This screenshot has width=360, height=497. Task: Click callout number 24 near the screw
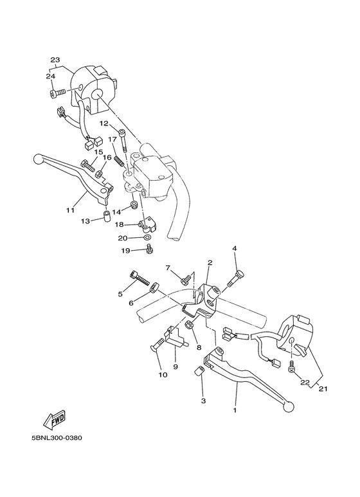(x=51, y=77)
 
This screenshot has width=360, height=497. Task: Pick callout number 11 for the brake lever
(x=70, y=210)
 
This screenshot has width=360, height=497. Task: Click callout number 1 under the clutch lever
(x=235, y=410)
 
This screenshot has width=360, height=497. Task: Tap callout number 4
(x=235, y=248)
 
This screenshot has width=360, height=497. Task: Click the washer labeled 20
(x=148, y=237)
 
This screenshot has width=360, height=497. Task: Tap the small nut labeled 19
(x=149, y=248)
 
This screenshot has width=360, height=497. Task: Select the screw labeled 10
(x=157, y=347)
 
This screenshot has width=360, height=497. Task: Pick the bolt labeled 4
(x=236, y=275)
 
